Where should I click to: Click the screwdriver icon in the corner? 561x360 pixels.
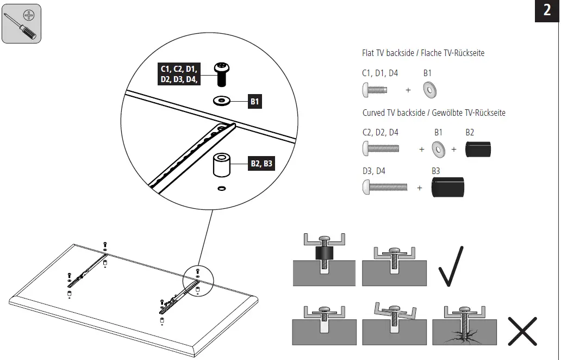pyautogui.click(x=21, y=23)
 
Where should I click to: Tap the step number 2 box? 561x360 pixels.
pyautogui.click(x=547, y=10)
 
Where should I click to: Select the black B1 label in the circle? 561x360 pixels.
pyautogui.click(x=255, y=101)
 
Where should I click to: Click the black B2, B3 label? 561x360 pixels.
pyautogui.click(x=261, y=163)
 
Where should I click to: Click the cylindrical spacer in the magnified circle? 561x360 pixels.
pyautogui.click(x=221, y=166)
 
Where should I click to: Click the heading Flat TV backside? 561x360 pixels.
pyautogui.click(x=423, y=53)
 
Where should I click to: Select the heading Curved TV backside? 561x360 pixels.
pyautogui.click(x=434, y=113)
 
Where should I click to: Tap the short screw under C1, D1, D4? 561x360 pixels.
pyautogui.click(x=374, y=90)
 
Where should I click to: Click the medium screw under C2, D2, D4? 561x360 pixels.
pyautogui.click(x=381, y=148)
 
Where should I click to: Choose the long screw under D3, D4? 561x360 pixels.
pyautogui.click(x=384, y=188)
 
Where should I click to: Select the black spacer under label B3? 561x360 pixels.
pyautogui.click(x=448, y=188)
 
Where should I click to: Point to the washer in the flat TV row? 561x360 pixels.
pyautogui.click(x=431, y=90)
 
